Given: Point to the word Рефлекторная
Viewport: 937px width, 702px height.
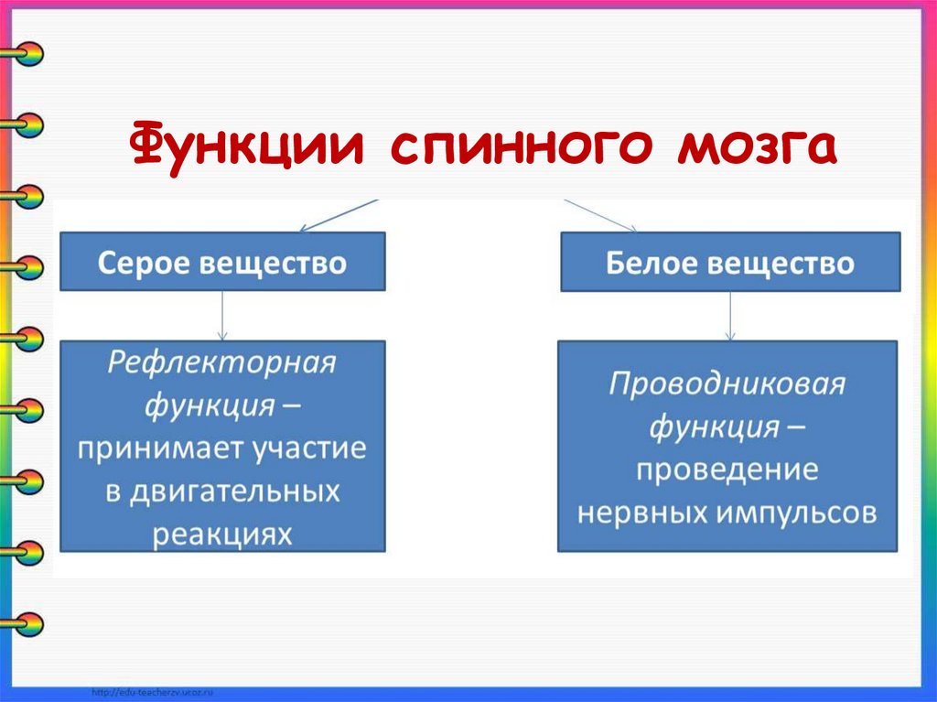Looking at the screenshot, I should pos(222,363).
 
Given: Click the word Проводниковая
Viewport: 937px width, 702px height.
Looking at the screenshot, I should pos(727,383).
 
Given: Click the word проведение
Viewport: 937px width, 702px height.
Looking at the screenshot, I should pos(727,470).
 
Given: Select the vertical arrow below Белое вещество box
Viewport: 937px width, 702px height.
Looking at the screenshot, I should pos(728,316).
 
